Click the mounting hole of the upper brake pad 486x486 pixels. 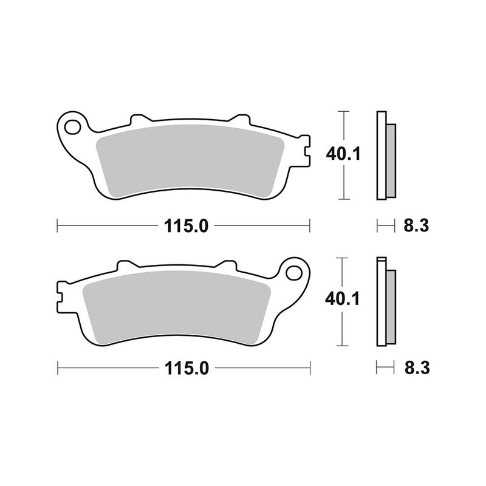pyautogui.click(x=73, y=128)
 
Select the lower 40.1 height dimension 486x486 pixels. pyautogui.click(x=343, y=299)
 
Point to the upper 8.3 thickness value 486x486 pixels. pyautogui.click(x=416, y=226)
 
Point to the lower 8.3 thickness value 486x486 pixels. pyautogui.click(x=416, y=368)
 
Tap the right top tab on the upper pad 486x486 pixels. pyautogui.click(x=242, y=118)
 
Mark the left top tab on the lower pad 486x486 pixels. pyautogui.click(x=126, y=265)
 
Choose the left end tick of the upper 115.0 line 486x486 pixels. pyautogui.click(x=57, y=226)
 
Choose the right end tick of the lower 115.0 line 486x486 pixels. pyautogui.click(x=310, y=368)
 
